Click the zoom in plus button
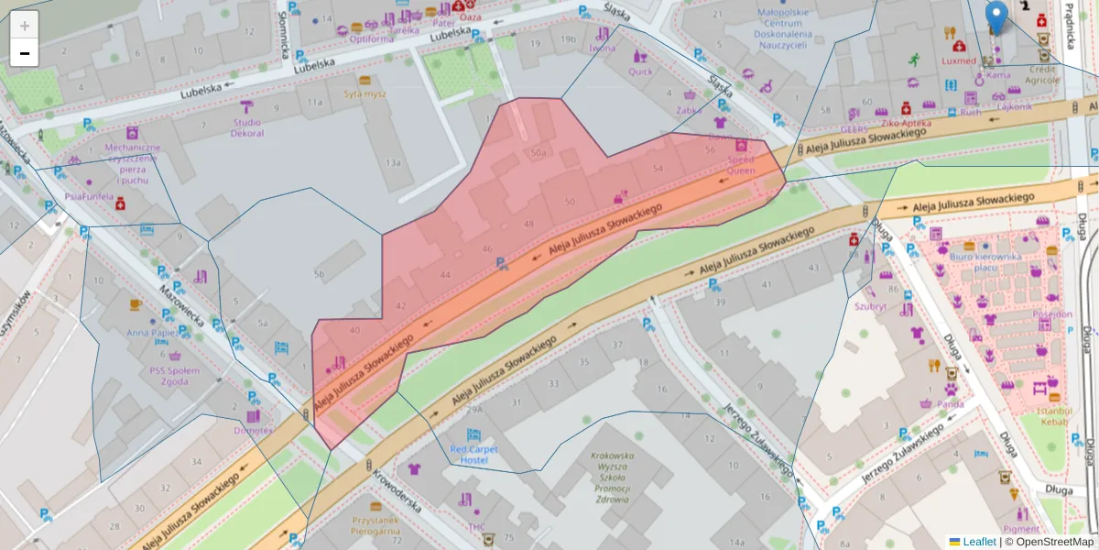point(25,26)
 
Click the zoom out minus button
point(25,53)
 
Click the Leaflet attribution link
point(979,542)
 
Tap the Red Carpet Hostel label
point(474,455)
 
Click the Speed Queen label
point(741,164)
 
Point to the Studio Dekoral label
point(247,128)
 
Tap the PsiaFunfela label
point(90,196)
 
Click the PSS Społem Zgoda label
point(174,376)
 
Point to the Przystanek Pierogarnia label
point(375,524)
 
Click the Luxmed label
point(958,60)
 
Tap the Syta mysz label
point(365,93)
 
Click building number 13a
point(393,162)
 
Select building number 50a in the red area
point(538,152)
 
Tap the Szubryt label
point(870,306)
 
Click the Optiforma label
point(372,38)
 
